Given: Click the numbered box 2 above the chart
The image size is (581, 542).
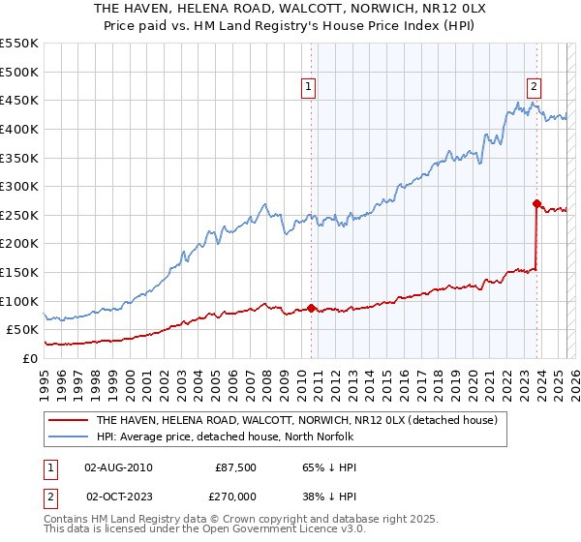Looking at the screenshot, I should click(534, 85).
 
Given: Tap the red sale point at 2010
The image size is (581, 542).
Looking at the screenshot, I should click(311, 309).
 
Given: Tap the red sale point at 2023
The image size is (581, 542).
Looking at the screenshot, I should click(536, 204).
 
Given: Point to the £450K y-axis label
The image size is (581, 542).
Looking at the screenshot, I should click(18, 100).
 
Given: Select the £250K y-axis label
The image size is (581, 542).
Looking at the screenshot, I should click(18, 215).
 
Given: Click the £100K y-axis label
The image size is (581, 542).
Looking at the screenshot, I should click(18, 301).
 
